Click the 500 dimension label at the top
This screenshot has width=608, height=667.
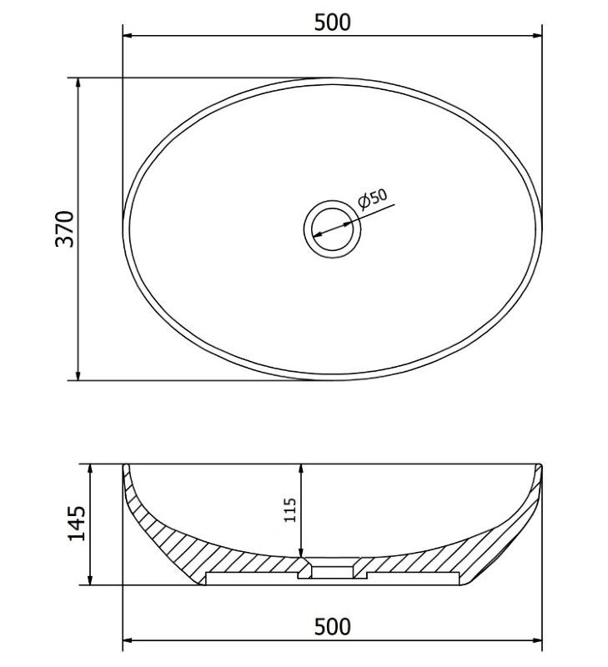click(332, 23)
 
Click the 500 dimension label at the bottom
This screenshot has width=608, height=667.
click(332, 627)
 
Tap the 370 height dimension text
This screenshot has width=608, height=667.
click(65, 228)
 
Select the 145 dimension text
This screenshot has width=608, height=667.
click(77, 524)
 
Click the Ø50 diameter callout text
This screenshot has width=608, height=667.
click(373, 198)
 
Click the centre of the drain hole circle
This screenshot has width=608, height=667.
click(332, 229)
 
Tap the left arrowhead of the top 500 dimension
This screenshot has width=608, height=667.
click(128, 36)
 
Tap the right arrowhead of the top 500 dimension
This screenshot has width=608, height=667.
click(537, 36)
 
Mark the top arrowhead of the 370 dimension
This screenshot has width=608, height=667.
click(78, 83)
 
